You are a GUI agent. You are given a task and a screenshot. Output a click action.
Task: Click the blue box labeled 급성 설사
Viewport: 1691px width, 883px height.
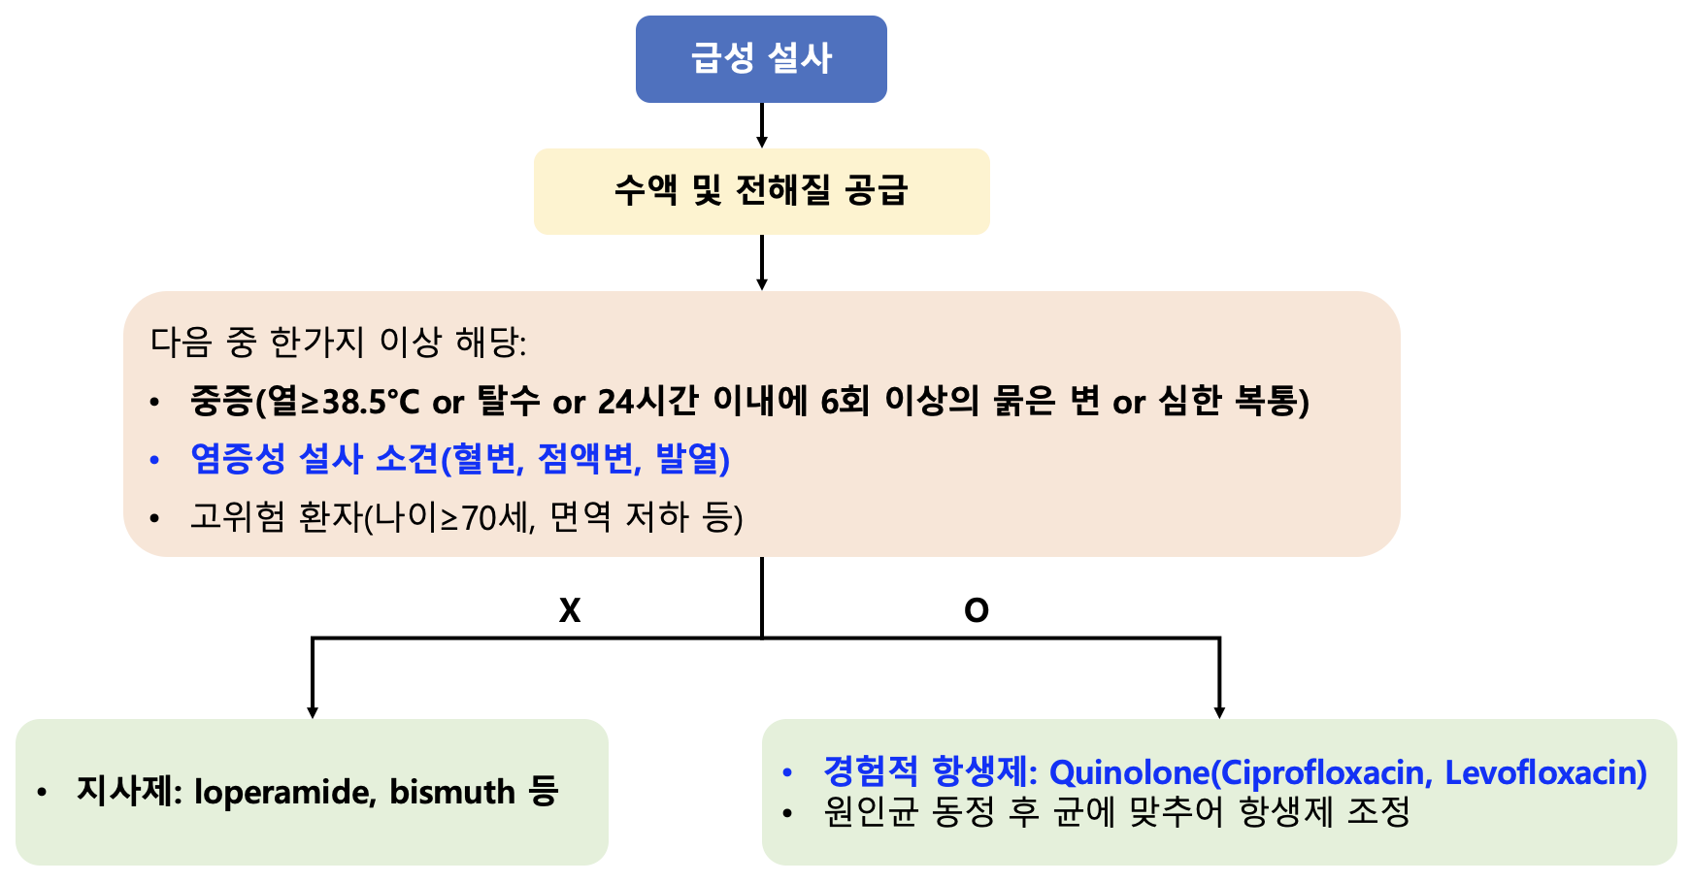[761, 59]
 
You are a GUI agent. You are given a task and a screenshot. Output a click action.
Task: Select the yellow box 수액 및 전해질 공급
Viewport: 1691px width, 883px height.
[761, 191]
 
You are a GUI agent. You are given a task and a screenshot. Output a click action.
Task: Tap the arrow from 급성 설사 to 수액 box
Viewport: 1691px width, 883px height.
[762, 125]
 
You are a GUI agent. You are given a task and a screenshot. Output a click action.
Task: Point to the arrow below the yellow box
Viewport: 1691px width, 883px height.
[762, 263]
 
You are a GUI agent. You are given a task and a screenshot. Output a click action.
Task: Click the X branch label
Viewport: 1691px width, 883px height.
[570, 610]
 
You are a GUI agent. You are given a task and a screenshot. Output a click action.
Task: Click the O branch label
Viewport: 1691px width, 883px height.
[977, 610]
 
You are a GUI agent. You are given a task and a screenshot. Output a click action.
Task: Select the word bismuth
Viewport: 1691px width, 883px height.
[452, 792]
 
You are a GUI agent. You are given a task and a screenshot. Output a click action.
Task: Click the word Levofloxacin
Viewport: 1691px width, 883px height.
[1546, 772]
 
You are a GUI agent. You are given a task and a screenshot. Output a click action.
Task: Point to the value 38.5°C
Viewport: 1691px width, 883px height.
[370, 402]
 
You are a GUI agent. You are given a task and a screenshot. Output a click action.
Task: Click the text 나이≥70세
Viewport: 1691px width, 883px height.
[454, 517]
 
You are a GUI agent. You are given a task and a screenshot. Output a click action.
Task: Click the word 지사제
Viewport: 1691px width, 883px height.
[129, 792]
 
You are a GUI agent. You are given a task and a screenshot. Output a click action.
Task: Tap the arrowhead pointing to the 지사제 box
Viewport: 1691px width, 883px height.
[313, 713]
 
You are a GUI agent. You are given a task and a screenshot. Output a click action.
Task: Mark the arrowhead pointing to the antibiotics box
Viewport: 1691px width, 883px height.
[1219, 713]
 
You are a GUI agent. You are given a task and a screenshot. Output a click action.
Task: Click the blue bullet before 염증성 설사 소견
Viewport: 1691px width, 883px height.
[154, 460]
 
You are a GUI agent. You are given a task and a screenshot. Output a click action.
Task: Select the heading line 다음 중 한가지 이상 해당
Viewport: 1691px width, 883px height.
[339, 342]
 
